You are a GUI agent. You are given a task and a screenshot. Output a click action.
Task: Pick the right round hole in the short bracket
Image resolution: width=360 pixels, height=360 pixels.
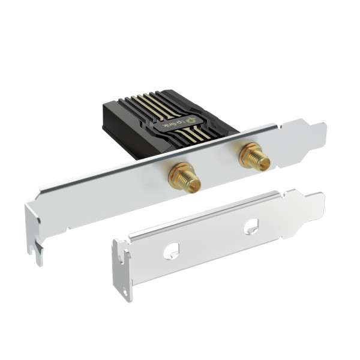pos(251,226)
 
